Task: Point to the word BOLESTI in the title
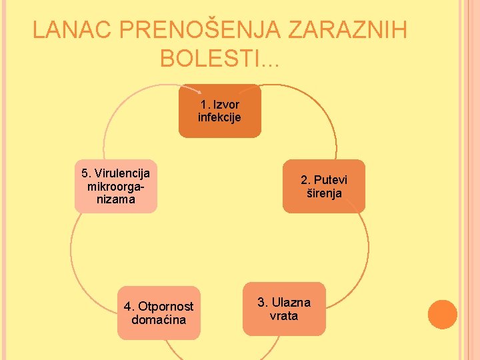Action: [210, 59]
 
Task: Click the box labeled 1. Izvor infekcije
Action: [219, 111]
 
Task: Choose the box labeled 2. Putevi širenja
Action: [324, 187]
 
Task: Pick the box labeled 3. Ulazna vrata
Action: [284, 309]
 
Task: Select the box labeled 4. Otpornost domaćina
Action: [159, 313]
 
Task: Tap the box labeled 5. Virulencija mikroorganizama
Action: [115, 186]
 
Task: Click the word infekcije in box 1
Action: [219, 118]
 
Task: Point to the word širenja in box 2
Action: [324, 194]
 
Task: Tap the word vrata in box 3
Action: [284, 316]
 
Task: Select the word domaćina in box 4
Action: [159, 320]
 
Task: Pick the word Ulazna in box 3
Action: [291, 303]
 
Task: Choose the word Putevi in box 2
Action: [331, 180]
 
